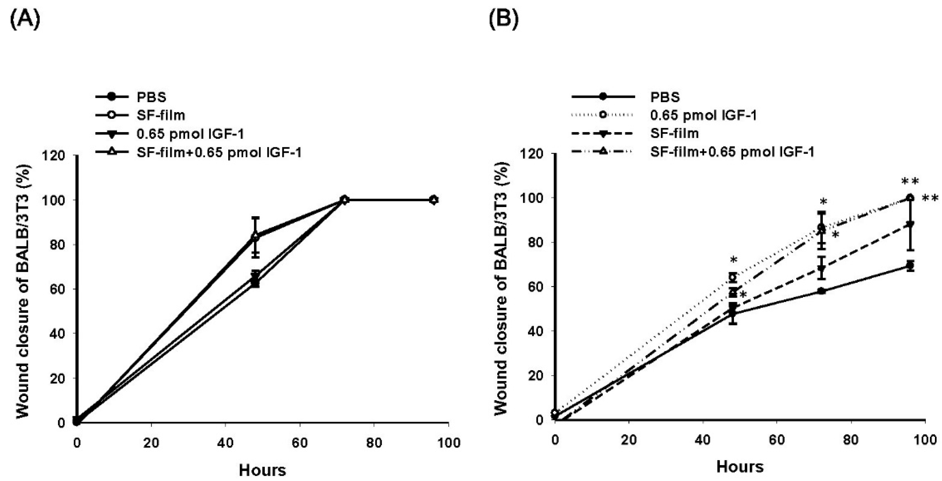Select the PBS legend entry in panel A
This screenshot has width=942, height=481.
(151, 97)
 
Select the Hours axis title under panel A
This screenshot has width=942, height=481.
(262, 470)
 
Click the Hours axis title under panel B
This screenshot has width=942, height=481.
(740, 467)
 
